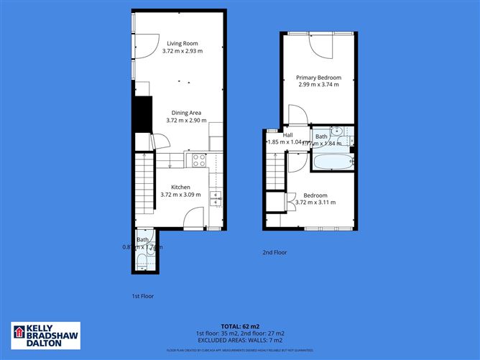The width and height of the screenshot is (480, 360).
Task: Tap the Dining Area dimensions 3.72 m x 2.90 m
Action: coord(186,120)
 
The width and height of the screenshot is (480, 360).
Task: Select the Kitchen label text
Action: coord(180,187)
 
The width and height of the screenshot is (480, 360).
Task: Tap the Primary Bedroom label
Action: coord(318,78)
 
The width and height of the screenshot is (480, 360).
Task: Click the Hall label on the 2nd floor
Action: coord(287,135)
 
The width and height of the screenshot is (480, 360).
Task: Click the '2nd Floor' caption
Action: coord(274,252)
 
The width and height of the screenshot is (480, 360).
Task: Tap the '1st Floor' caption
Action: coord(142,295)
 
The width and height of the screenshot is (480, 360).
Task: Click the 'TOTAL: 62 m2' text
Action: coord(241,326)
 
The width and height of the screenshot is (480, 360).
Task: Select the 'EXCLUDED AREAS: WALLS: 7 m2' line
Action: coord(241,341)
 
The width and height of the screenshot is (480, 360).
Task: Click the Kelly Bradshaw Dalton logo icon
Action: coord(19,333)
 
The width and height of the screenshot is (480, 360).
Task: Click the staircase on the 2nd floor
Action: coord(274,171)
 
